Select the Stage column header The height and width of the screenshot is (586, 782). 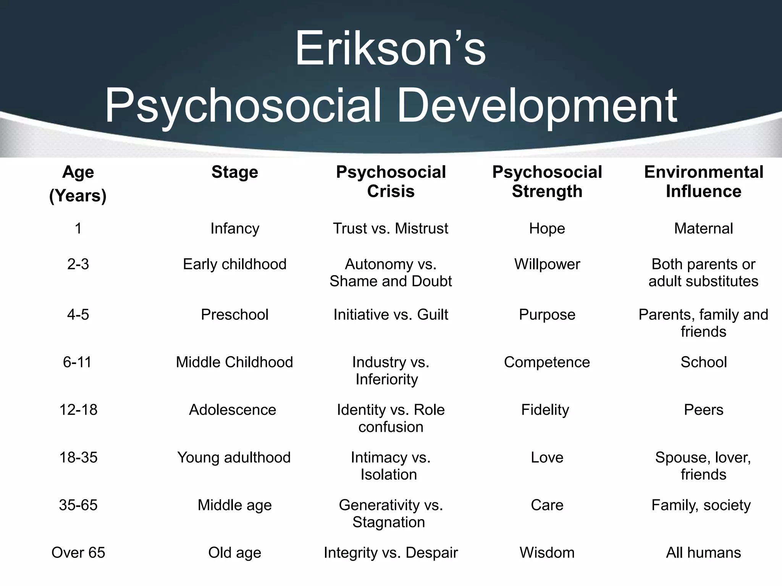tap(234, 172)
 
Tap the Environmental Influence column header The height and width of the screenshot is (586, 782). tap(703, 182)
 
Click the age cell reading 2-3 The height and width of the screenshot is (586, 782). tap(78, 264)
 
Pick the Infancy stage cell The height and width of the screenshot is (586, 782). tap(234, 229)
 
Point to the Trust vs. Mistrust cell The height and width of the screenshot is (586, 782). tap(390, 229)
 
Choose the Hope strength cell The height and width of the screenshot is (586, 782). tap(547, 229)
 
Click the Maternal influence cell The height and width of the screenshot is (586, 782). tap(703, 229)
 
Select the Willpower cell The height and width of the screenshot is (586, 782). tap(547, 264)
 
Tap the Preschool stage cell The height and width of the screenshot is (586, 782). tap(234, 315)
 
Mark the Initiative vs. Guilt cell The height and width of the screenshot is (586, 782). tap(390, 315)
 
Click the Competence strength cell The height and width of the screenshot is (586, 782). tap(547, 362)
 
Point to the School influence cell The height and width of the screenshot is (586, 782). tap(703, 362)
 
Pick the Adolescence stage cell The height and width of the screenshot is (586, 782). tap(233, 410)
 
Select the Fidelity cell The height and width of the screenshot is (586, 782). tap(545, 410)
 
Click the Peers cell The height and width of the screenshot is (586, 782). tap(703, 410)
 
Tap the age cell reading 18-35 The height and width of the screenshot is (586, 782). tap(78, 457)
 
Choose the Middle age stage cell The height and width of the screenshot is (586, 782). tap(234, 505)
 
